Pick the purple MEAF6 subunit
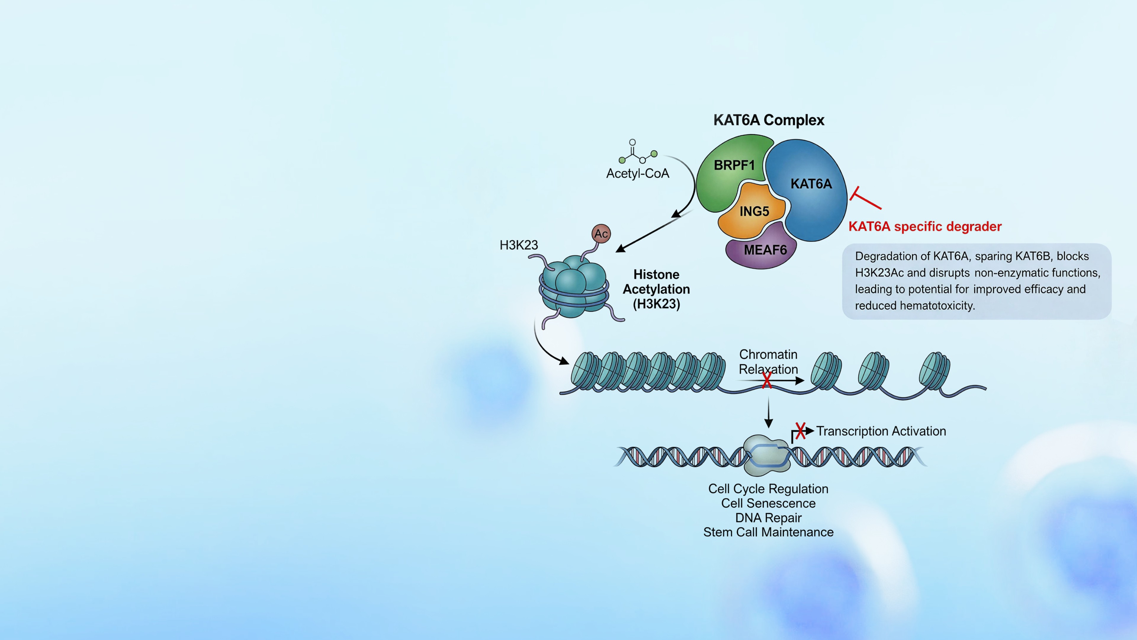pyautogui.click(x=761, y=248)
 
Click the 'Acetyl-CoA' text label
pyautogui.click(x=638, y=174)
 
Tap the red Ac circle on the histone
pyautogui.click(x=601, y=234)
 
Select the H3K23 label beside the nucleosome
pyautogui.click(x=519, y=245)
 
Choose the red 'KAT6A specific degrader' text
pyautogui.click(x=925, y=227)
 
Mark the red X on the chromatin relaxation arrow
pyautogui.click(x=767, y=380)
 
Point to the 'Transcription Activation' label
pyautogui.click(x=881, y=431)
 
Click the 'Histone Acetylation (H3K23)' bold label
pyautogui.click(x=656, y=289)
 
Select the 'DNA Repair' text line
pyautogui.click(x=768, y=518)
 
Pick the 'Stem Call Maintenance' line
pyautogui.click(x=768, y=532)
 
